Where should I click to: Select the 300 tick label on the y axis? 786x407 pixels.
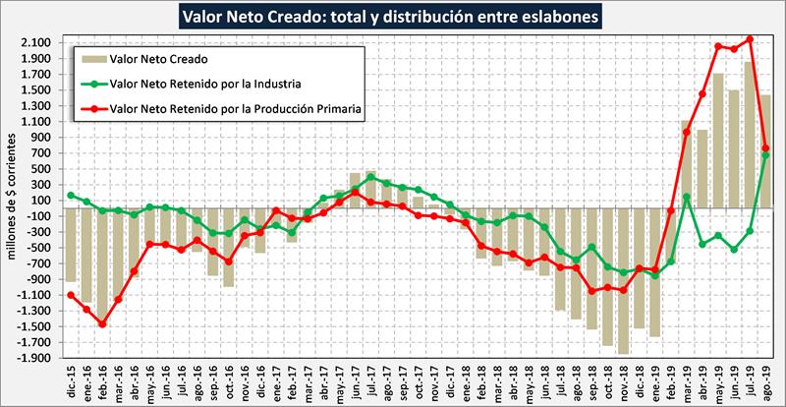pyautogui.click(x=43, y=184)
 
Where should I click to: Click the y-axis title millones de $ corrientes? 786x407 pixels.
pyautogui.click(x=11, y=203)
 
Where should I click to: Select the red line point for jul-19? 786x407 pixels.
pyautogui.click(x=749, y=40)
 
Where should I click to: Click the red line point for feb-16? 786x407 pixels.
pyautogui.click(x=102, y=323)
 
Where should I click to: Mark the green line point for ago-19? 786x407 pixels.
pyautogui.click(x=765, y=155)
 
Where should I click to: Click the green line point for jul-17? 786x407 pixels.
pyautogui.click(x=371, y=177)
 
